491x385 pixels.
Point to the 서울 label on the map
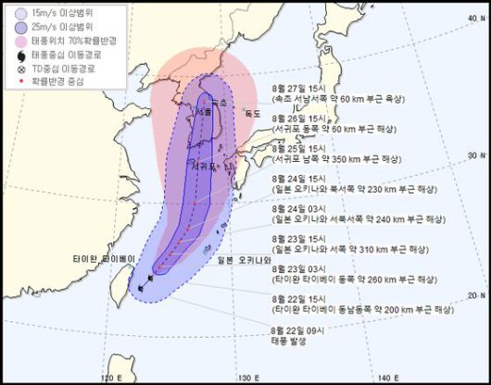[203, 112]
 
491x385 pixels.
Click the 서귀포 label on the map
[206, 168]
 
